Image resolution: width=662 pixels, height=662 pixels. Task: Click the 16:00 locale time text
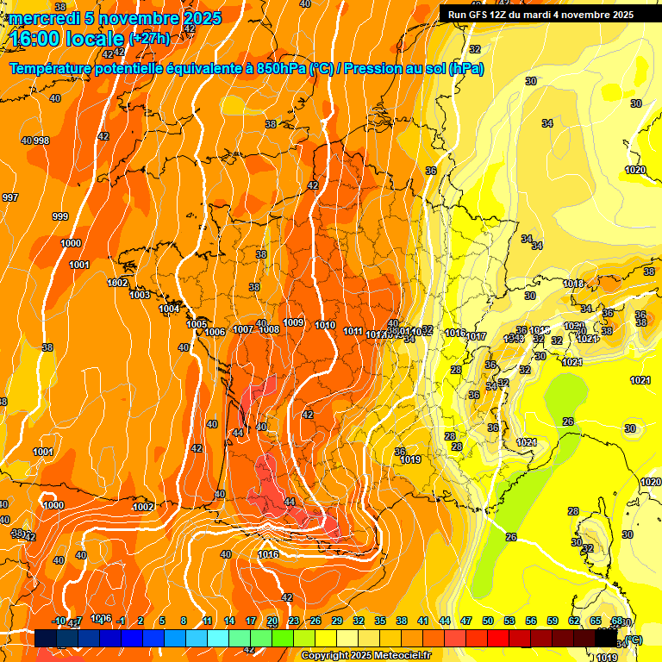pos(66,39)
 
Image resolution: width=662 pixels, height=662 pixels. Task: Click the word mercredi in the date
pos(41,18)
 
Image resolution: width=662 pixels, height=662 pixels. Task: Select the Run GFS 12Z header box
pos(541,14)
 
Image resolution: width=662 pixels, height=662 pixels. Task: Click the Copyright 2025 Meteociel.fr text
pos(365,656)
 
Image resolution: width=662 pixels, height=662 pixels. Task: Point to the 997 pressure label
pos(10,197)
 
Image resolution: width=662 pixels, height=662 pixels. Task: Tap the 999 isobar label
pos(60,216)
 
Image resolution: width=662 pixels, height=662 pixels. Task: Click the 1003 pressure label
pos(140,295)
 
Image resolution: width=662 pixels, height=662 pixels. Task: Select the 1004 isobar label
pos(169,309)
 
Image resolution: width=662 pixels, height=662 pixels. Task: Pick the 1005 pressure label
pos(197,324)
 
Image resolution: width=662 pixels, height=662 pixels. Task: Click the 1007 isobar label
pos(243,329)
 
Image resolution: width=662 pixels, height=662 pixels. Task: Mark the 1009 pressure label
pos(293,322)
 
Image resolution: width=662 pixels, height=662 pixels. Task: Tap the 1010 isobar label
pos(325,325)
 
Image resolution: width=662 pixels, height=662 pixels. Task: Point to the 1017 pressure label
pos(477,336)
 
